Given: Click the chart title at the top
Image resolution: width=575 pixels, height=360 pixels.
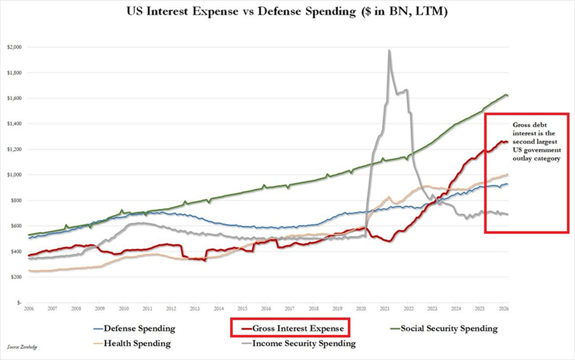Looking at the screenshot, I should [287, 12].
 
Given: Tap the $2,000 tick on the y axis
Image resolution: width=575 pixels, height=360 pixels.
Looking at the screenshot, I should [15, 47].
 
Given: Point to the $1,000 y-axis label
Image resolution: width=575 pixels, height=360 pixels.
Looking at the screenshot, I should [15, 175].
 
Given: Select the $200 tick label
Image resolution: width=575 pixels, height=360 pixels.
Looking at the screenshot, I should [16, 276].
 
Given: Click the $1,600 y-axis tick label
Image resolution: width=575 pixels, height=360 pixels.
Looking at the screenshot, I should [15, 98].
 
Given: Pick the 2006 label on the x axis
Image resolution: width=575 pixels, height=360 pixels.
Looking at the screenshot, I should [28, 309].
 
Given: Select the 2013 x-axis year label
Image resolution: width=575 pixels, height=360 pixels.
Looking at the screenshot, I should [195, 309].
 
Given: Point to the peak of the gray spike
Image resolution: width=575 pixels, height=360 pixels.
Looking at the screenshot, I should [389, 51].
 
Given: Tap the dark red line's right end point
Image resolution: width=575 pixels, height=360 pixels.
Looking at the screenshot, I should [507, 142].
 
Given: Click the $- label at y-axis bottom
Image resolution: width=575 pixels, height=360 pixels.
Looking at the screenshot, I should [19, 302].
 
